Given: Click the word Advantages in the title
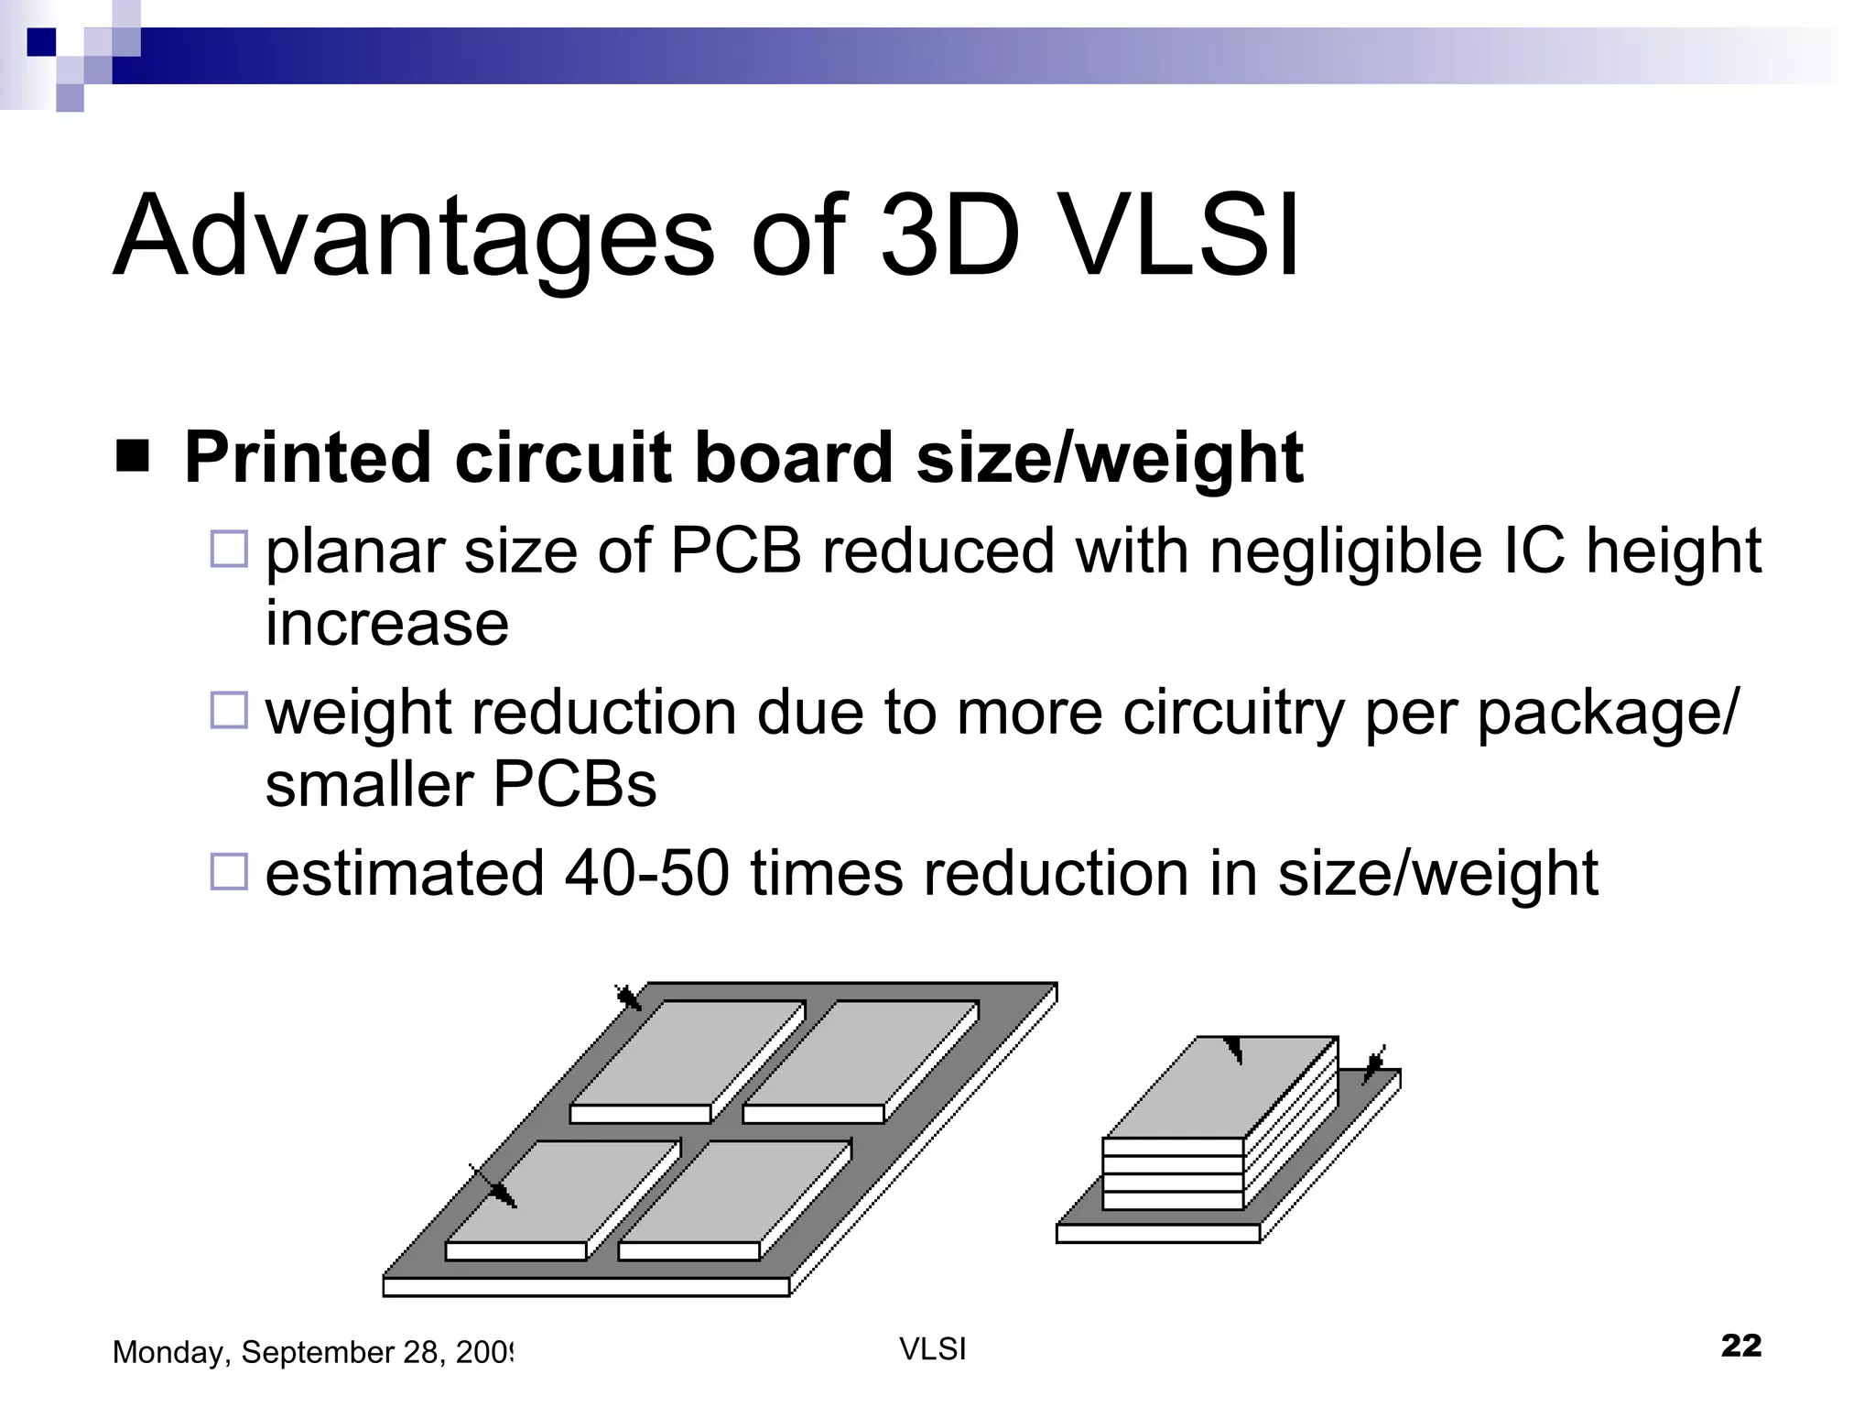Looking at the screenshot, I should click(x=412, y=236).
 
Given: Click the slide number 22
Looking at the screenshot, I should click(x=1740, y=1345).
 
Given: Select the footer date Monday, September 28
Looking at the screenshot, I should click(x=311, y=1352).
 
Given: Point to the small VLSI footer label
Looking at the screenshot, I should click(x=932, y=1349).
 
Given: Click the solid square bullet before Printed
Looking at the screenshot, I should click(x=133, y=456).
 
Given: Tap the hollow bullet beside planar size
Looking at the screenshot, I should click(x=229, y=549).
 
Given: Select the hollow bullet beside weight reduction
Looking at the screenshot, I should click(x=229, y=710).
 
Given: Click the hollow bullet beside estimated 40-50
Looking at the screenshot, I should click(x=229, y=871).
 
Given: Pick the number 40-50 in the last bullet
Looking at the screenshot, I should click(x=646, y=873).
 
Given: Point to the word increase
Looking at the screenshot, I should click(x=386, y=624).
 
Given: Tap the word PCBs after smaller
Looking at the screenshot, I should click(x=575, y=785).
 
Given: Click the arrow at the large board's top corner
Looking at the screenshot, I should click(x=628, y=998).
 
